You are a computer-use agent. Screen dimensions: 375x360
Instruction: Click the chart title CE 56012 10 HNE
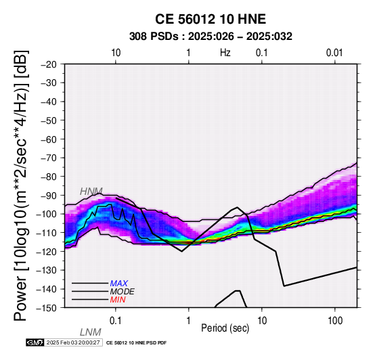[x=211, y=19]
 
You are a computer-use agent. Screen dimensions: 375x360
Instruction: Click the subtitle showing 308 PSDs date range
[x=211, y=37]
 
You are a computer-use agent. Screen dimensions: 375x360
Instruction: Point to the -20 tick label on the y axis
[x=49, y=64]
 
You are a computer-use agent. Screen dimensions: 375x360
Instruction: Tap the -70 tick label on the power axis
[x=49, y=158]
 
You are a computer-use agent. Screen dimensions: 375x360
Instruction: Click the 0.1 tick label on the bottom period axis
[x=116, y=321]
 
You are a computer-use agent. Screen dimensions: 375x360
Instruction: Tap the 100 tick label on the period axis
[x=335, y=321]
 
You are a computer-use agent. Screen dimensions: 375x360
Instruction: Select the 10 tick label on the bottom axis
[x=262, y=321]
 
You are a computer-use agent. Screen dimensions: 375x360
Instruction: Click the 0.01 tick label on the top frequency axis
[x=334, y=53]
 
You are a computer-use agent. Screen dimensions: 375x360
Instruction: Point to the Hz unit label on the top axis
[x=225, y=53]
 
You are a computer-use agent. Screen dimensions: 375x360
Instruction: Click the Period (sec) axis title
[x=225, y=328]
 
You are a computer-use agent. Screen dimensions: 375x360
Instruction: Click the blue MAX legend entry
[x=119, y=284]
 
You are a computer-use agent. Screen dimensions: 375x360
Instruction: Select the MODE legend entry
[x=123, y=292]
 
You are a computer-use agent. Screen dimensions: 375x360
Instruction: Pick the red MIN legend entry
[x=118, y=300]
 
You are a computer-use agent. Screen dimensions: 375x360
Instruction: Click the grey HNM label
[x=91, y=192]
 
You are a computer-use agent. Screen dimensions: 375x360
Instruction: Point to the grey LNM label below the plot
[x=91, y=332]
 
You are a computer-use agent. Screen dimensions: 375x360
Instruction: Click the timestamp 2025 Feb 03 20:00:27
[x=73, y=342]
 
